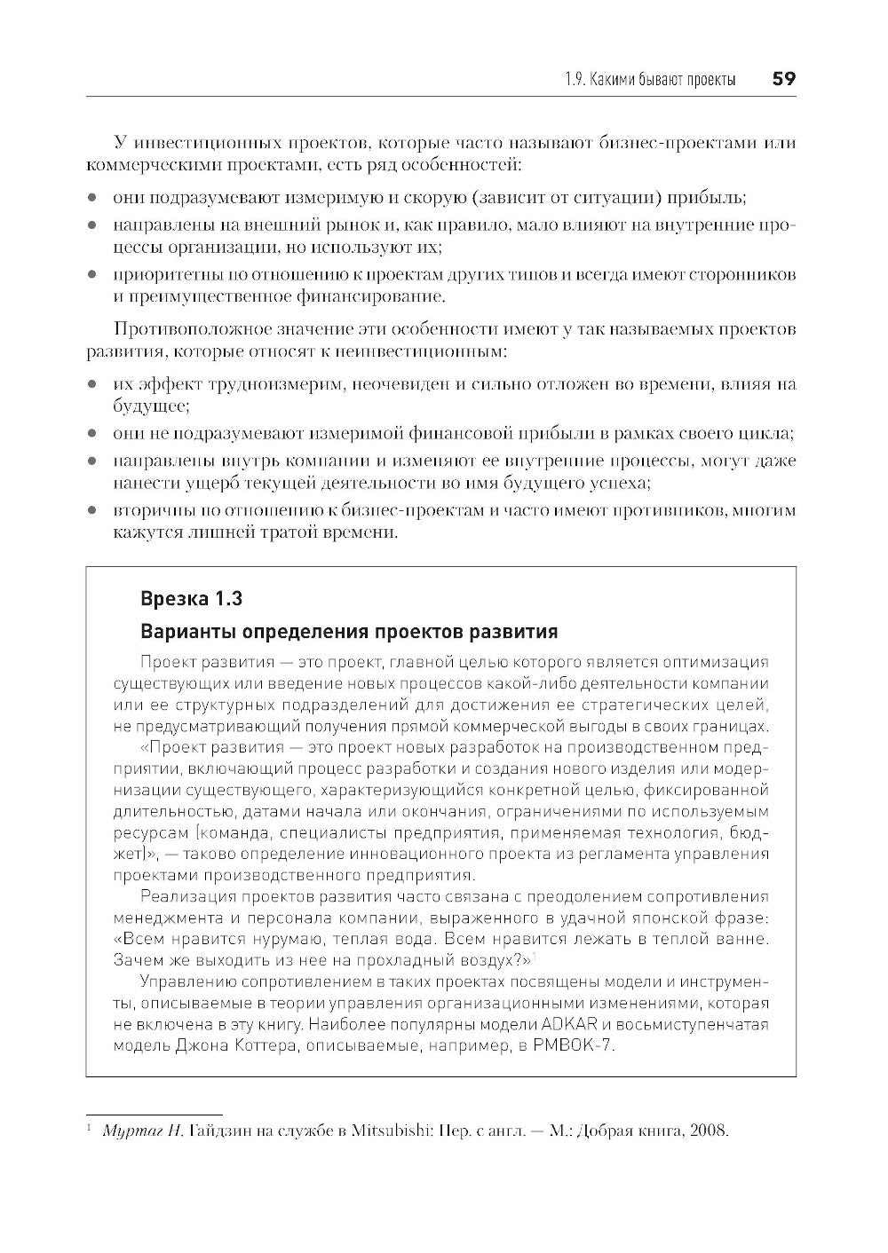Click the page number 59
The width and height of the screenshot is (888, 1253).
coord(783,79)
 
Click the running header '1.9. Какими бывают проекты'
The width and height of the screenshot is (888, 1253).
coord(650,80)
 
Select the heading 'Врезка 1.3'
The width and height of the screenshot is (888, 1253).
coord(192,598)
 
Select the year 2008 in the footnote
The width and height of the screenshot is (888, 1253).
coord(707,1131)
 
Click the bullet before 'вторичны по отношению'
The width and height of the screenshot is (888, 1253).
coord(91,511)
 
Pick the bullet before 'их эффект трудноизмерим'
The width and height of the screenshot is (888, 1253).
coord(91,385)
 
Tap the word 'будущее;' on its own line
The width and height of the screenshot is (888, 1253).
coord(150,406)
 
